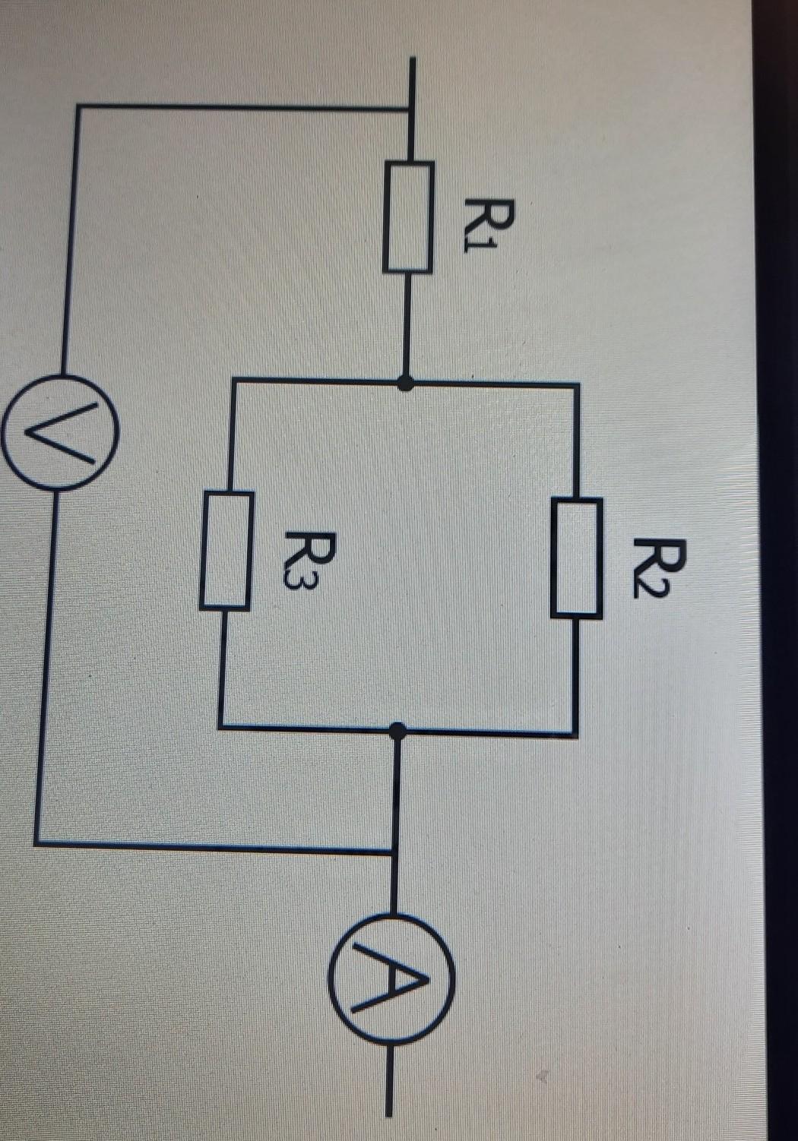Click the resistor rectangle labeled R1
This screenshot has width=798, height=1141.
(x=409, y=217)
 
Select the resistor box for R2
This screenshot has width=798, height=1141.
(x=577, y=557)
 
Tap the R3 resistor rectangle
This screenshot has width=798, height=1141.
(x=226, y=551)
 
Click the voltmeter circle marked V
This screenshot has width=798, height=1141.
(x=60, y=431)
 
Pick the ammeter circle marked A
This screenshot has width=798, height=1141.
(x=392, y=978)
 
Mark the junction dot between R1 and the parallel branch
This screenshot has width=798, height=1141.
(x=407, y=384)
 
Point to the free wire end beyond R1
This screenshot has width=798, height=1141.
(x=412, y=61)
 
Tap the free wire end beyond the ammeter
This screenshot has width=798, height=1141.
(x=389, y=1114)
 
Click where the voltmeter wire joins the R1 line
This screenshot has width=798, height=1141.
(x=411, y=109)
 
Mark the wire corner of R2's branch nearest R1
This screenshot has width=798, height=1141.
(x=578, y=386)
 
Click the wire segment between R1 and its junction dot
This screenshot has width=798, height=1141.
(x=409, y=327)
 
